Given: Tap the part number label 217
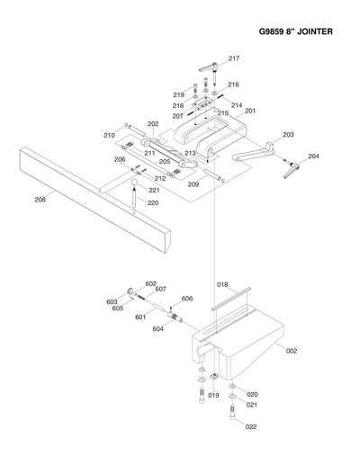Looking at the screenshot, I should coord(234,58).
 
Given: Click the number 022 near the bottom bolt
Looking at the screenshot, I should coord(251,427).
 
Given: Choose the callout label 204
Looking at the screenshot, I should coord(313,156).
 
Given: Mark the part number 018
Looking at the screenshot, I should coord(221,285).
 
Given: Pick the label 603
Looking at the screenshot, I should coord(112,301).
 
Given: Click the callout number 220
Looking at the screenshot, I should coord(154,202).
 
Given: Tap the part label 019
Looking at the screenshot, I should coord(213,396).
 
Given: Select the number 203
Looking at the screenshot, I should coord(288,135).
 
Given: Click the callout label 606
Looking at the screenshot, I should coord(187,298).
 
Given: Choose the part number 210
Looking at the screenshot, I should coord(109,135).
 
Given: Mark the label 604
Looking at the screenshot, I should coord(157,329).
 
